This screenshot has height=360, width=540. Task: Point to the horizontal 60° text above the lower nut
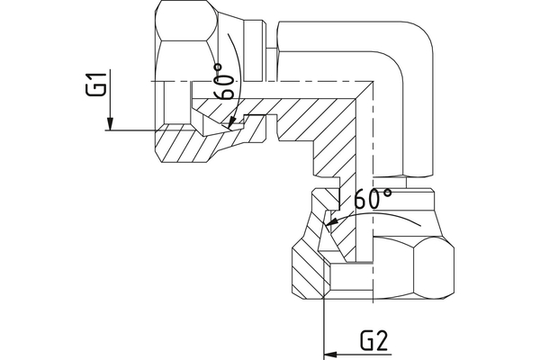coord(372,199)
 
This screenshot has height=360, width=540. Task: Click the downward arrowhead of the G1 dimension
coord(108,124)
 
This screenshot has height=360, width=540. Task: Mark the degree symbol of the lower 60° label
coord(387,192)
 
